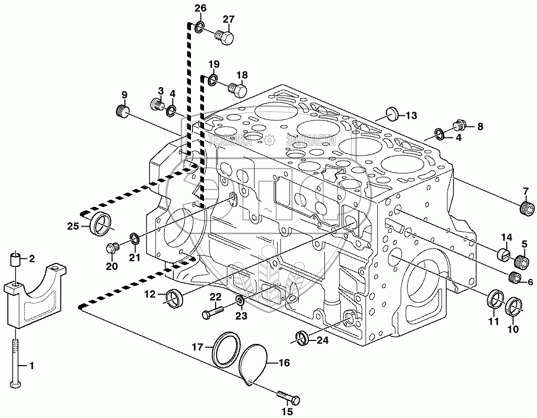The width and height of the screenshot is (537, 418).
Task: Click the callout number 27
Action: pos(229,19)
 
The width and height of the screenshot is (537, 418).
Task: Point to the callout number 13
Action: pos(411,116)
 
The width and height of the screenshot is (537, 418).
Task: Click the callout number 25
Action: pos(73,227)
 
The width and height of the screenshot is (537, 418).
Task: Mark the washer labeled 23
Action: pos(240,302)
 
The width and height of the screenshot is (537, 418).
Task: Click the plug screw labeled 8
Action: pos(460,125)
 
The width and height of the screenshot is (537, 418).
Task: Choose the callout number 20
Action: pos(111,266)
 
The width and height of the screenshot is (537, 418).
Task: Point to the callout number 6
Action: pos(529,282)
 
